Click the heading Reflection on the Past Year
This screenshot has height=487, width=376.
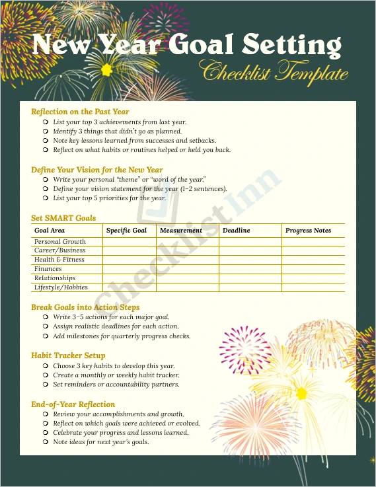[80, 112]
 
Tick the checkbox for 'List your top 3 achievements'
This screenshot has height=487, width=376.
[46, 122]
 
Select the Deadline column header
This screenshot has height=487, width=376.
[236, 231]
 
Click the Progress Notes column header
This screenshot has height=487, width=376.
[308, 231]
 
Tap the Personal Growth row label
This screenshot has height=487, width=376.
[59, 242]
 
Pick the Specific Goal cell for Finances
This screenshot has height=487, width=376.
[129, 269]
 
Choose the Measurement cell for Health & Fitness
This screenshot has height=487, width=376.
[187, 260]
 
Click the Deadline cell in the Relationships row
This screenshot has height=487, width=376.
[250, 278]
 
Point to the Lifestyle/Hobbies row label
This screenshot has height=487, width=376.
[61, 287]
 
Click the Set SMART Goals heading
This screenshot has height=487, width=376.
[63, 218]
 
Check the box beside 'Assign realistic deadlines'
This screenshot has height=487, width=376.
[46, 326]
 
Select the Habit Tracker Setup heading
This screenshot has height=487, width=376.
[68, 356]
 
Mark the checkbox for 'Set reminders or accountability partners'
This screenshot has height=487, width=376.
[46, 385]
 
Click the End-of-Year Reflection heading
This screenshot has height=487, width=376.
[73, 404]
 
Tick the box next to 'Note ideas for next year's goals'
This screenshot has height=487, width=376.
[46, 442]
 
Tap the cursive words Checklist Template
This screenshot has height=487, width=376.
[274, 71]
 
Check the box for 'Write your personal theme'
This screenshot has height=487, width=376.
[46, 180]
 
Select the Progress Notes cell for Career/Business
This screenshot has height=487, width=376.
[313, 250]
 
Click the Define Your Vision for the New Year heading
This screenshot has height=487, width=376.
[96, 170]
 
